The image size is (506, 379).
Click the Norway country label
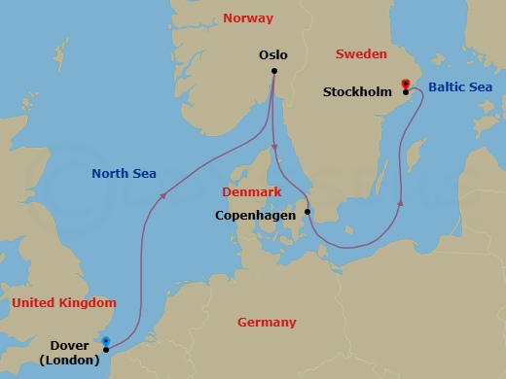coord(248,18)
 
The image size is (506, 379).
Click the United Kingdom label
coord(63,303)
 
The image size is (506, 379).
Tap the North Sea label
coord(124,174)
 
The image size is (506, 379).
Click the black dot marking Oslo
coord(275,71)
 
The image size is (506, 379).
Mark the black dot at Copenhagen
coord(307,212)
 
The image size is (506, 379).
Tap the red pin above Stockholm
coord(405,84)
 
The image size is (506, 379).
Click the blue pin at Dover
coord(106,341)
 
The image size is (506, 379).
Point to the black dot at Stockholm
coord(405,92)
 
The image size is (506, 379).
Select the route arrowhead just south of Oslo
coord(275,146)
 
